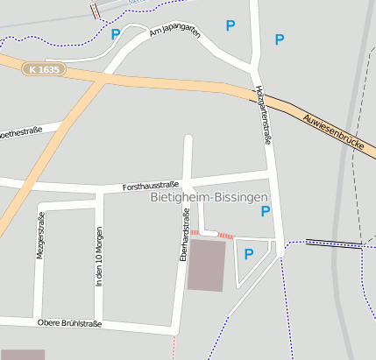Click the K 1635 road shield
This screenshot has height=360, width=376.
pos(43,68)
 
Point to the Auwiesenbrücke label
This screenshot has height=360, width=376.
pos(332,132)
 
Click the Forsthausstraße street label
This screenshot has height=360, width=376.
pos(151,186)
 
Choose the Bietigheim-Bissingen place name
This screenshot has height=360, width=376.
pos(209,199)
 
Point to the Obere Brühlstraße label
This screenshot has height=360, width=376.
pos(69,323)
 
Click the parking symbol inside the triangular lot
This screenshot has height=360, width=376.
pos(248,254)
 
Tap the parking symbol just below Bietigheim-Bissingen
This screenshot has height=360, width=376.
pos(266,211)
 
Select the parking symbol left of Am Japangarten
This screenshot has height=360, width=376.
pos(116,34)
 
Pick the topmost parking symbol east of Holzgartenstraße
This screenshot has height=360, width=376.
pos(280,39)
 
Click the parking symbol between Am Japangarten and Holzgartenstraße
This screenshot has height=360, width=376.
pos(231,26)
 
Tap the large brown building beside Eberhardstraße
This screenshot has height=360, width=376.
pos(206,264)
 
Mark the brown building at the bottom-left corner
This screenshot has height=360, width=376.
pos(22,354)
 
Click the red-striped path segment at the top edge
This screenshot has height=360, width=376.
pos(95,10)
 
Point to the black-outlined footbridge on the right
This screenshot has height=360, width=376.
pos(333,243)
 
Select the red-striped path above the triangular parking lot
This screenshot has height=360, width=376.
pos(225,235)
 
